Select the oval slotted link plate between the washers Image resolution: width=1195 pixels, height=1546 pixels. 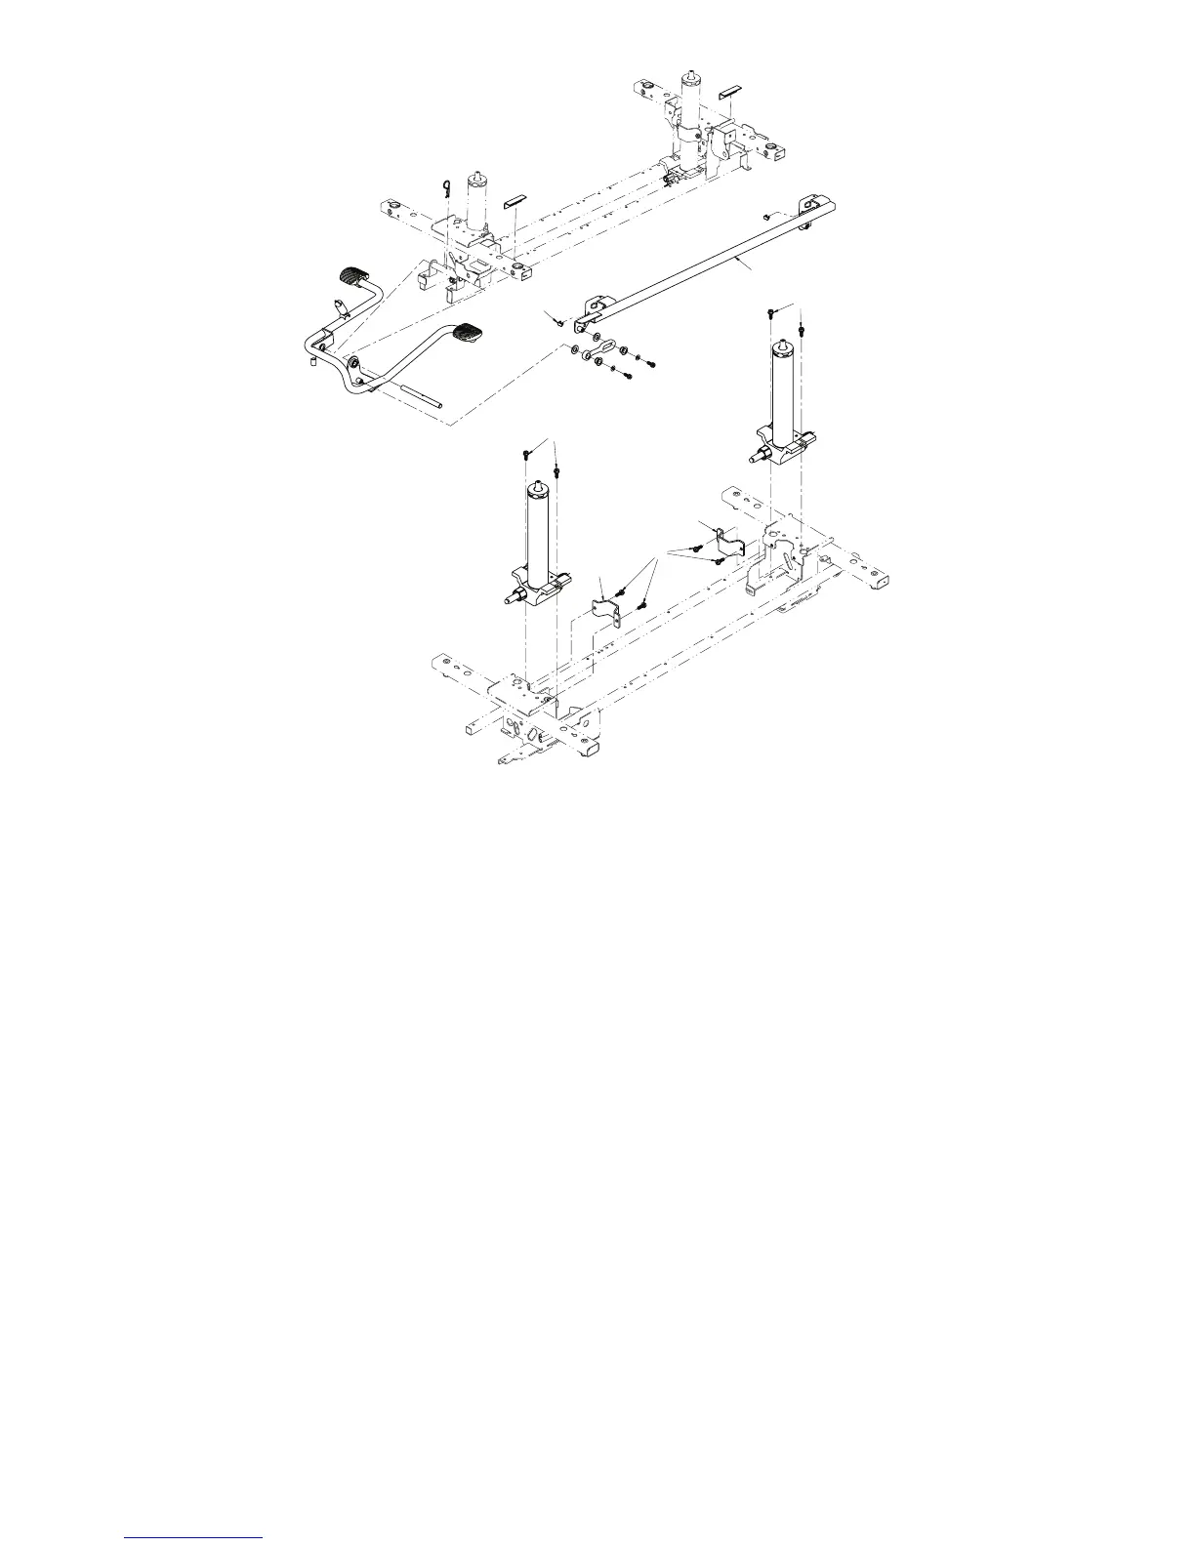(x=606, y=347)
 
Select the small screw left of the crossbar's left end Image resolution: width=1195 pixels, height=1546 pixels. (x=556, y=321)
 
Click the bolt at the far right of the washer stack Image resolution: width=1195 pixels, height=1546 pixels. (x=650, y=364)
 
